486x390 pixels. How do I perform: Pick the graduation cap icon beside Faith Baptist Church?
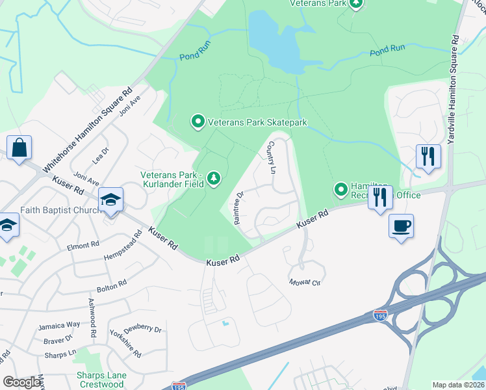click(110, 200)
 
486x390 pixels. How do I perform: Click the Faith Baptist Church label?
click(58, 210)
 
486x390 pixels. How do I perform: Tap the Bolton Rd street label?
click(111, 285)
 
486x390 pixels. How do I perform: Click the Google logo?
click(23, 382)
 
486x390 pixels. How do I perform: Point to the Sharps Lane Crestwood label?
click(100, 380)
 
